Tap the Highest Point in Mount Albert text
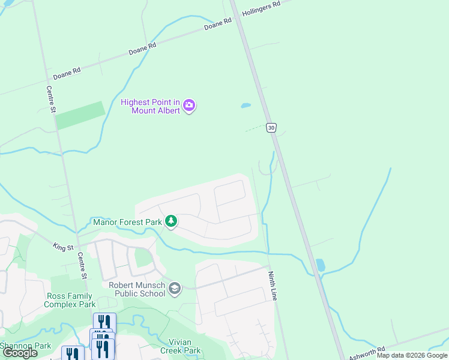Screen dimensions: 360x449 coord(150,106)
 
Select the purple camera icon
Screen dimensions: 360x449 coord(190,106)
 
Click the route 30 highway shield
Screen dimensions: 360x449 coord(272,128)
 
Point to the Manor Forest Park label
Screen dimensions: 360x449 coord(128,222)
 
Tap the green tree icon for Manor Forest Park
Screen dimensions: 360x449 coord(171,221)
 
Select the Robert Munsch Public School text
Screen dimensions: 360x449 coord(137,289)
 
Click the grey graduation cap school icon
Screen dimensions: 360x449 coord(175,289)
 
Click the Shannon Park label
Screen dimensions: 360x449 coord(25,345)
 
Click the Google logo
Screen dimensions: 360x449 coord(20,353)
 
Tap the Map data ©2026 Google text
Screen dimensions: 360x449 coord(412,355)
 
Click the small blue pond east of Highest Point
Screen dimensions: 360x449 coord(246,106)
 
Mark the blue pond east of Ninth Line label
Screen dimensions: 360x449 coord(320,265)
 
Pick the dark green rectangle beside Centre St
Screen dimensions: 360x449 coord(80,115)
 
